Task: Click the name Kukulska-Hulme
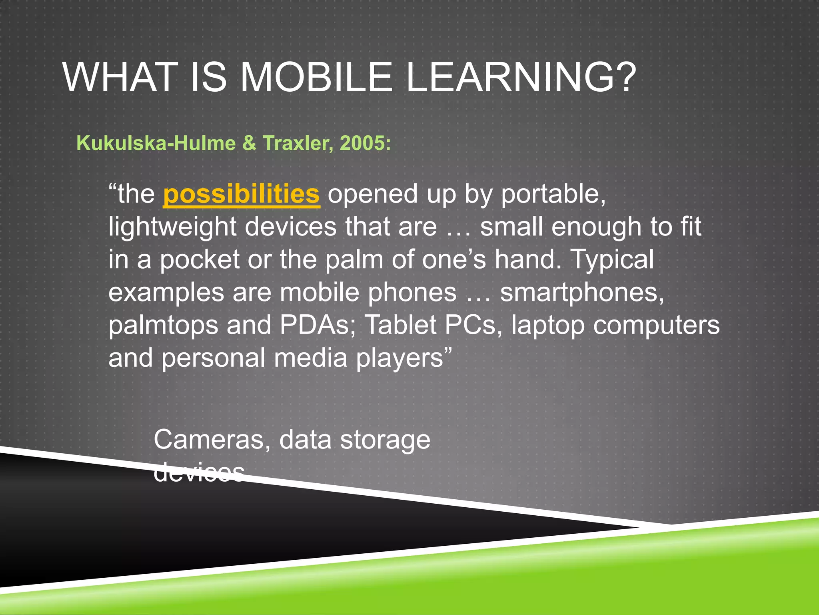tap(156, 143)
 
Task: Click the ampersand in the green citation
tap(249, 143)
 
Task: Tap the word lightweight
tap(172, 227)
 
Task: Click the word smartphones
tap(582, 293)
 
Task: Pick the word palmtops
tap(163, 326)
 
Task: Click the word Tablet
tap(400, 325)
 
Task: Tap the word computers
tap(656, 326)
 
